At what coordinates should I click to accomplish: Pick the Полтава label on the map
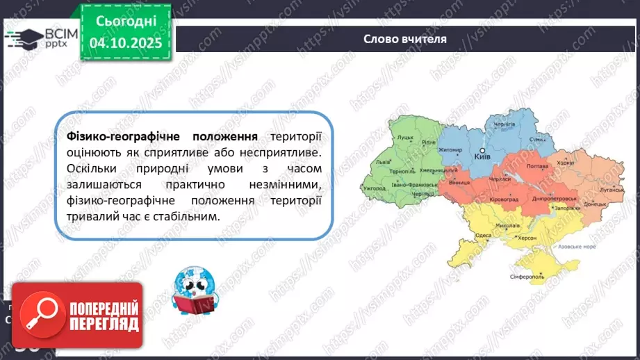(x=539, y=167)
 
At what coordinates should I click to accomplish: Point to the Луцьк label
(x=407, y=138)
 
